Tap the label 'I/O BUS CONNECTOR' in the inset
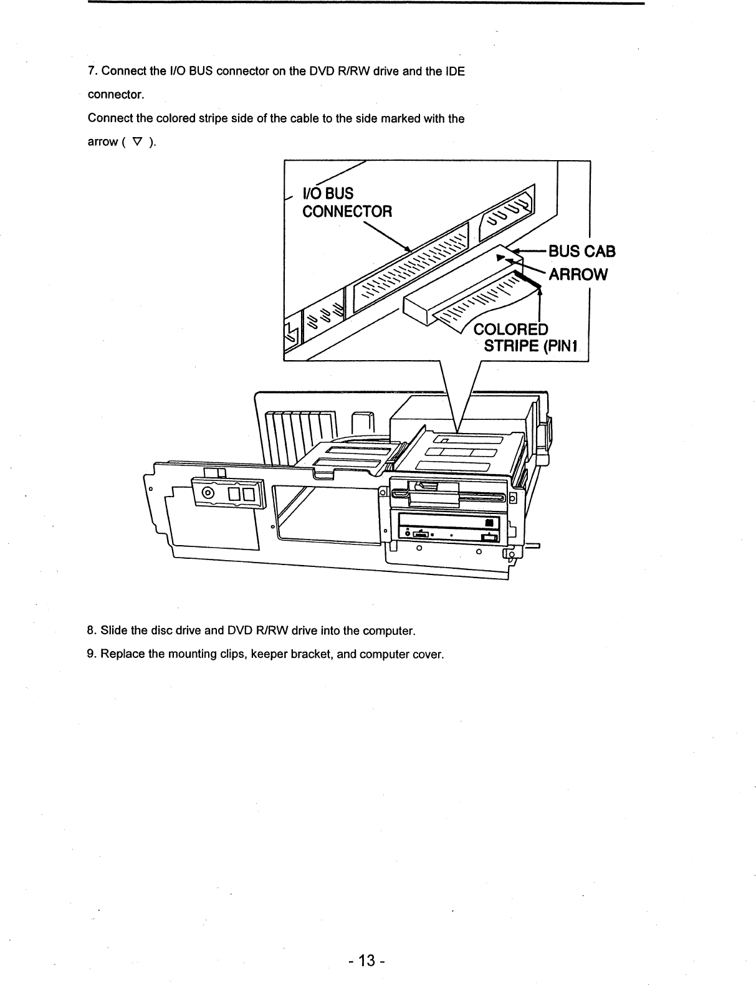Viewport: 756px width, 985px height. [347, 202]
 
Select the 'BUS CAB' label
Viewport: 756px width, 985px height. [581, 251]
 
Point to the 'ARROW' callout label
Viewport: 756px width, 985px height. [577, 275]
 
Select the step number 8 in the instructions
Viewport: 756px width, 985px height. [91, 630]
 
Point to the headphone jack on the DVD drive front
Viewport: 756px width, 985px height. [408, 535]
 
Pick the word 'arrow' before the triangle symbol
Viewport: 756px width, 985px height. [102, 142]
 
